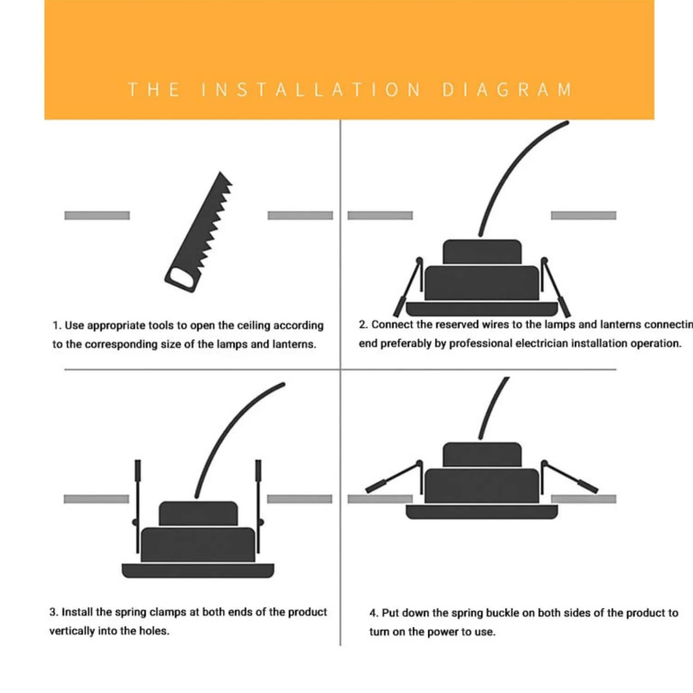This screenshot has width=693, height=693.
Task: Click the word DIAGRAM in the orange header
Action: click(507, 90)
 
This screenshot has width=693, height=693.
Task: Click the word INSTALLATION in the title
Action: click(311, 90)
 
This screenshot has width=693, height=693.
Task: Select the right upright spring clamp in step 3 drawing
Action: click(259, 506)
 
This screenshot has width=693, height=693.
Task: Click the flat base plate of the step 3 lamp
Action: click(198, 571)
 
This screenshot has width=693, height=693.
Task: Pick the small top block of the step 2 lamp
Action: click(482, 252)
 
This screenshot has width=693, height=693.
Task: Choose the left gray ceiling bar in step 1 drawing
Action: click(97, 215)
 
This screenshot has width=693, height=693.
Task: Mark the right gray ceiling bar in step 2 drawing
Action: click(584, 215)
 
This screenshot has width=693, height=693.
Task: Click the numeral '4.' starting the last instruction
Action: click(374, 614)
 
